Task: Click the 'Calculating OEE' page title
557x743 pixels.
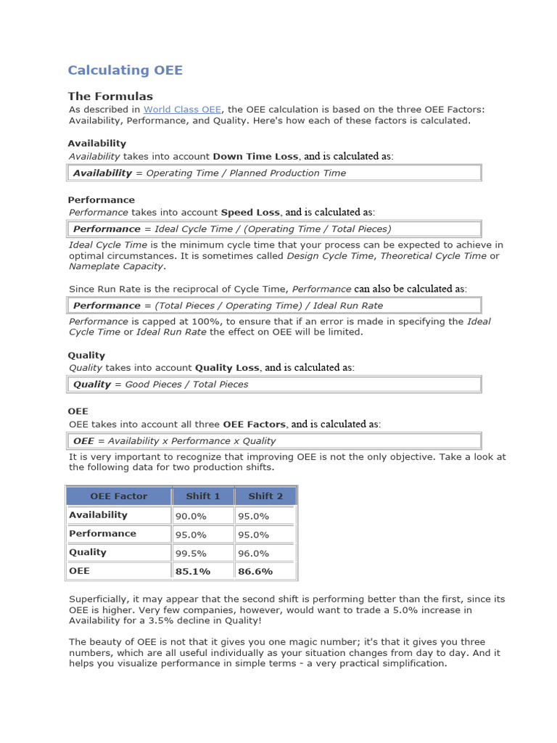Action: [125, 70]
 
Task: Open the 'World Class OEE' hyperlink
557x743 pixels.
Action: [182, 109]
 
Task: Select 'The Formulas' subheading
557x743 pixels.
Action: [110, 96]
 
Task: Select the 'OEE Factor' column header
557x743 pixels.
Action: [118, 496]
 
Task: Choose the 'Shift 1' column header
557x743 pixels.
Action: [202, 496]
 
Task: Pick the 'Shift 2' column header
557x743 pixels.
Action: [265, 496]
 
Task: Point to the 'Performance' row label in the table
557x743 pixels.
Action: [102, 533]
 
